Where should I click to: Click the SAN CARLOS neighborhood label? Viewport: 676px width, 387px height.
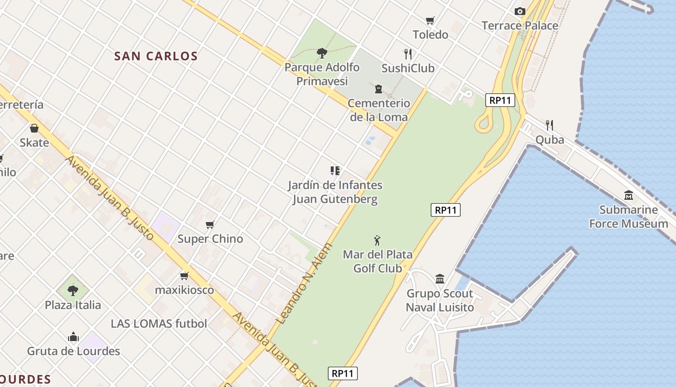pyautogui.click(x=156, y=56)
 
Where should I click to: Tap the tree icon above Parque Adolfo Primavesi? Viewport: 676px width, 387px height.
pyautogui.click(x=322, y=53)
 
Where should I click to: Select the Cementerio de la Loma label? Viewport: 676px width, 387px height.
pyautogui.click(x=379, y=110)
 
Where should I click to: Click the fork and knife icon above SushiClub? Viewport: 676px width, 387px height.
pyautogui.click(x=408, y=54)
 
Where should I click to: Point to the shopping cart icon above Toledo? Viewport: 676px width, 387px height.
pyautogui.click(x=430, y=20)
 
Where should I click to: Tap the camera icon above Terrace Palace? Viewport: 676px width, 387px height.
pyautogui.click(x=520, y=11)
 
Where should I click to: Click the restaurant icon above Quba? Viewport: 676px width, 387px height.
pyautogui.click(x=549, y=125)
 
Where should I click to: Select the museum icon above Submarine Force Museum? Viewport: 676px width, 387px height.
pyautogui.click(x=629, y=195)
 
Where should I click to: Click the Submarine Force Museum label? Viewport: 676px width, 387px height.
pyautogui.click(x=629, y=217)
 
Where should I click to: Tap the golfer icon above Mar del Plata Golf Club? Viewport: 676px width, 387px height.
pyautogui.click(x=377, y=240)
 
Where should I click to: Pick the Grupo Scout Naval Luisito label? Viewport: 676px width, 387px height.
pyautogui.click(x=440, y=300)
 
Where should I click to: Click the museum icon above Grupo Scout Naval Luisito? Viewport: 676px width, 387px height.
pyautogui.click(x=440, y=279)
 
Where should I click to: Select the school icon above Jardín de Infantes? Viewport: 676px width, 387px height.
pyautogui.click(x=335, y=170)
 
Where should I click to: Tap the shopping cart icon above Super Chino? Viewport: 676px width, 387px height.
pyautogui.click(x=210, y=224)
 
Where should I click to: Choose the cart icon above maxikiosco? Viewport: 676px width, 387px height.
pyautogui.click(x=184, y=276)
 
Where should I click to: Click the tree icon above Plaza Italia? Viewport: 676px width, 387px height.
pyautogui.click(x=73, y=290)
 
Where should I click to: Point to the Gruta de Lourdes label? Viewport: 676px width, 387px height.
pyautogui.click(x=73, y=351)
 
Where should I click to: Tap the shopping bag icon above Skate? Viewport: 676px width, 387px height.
pyautogui.click(x=34, y=128)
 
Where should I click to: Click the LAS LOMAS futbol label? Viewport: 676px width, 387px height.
pyautogui.click(x=159, y=324)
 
